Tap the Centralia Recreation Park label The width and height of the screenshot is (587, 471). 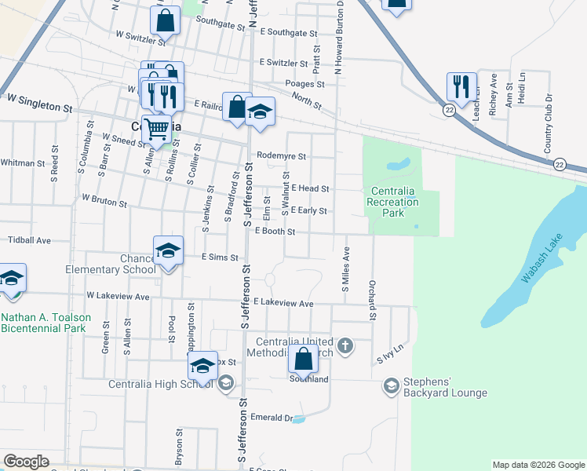(394, 202)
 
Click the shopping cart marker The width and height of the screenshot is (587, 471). (157, 129)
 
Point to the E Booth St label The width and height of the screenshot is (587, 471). (275, 232)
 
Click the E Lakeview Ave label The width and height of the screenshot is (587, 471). (283, 304)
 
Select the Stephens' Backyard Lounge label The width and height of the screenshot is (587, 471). (445, 387)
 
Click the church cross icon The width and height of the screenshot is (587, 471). (344, 345)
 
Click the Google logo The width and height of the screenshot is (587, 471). (26, 462)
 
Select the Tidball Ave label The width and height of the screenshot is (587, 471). (28, 240)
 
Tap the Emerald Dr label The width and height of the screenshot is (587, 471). (271, 418)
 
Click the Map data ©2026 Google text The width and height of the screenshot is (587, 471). (538, 465)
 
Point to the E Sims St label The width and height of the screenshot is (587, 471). (220, 257)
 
